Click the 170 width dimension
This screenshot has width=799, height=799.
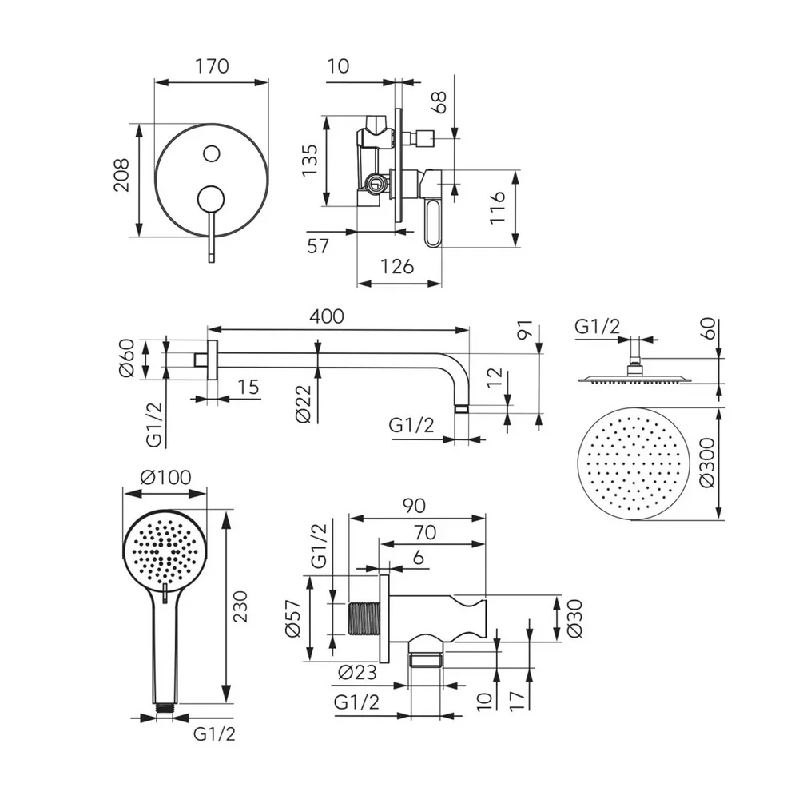211,66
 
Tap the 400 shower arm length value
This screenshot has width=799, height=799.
328,316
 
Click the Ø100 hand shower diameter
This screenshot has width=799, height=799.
165,478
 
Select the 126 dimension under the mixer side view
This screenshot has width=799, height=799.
397,267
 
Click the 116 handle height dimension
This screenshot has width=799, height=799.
498,208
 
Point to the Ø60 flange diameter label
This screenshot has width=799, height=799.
129,359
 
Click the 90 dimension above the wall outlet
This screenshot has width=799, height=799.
414,506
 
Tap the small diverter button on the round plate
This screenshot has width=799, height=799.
212,152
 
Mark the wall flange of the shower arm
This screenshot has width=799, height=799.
212,360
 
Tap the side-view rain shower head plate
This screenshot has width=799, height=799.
632,378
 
